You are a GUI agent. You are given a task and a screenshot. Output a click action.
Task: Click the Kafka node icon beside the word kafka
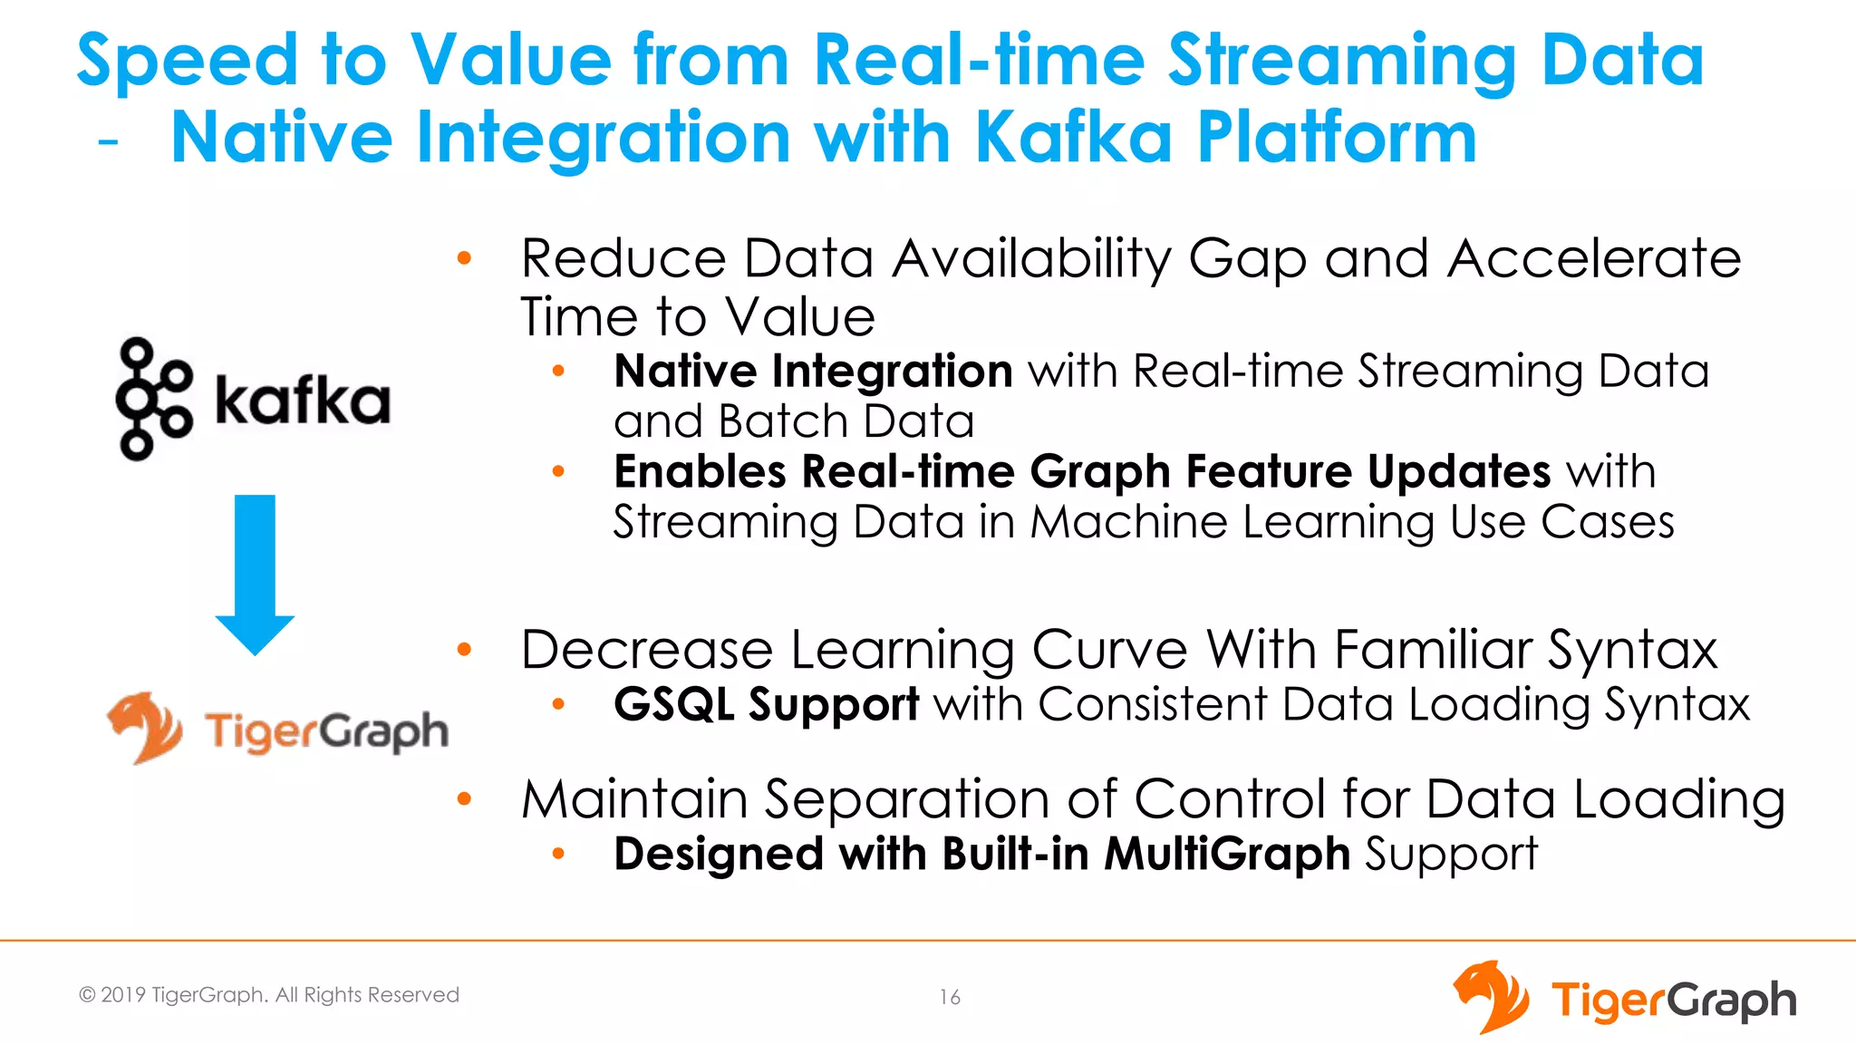tap(153, 399)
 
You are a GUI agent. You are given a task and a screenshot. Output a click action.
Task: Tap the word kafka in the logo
tap(303, 400)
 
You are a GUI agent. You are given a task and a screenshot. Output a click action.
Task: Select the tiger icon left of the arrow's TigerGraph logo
tap(145, 727)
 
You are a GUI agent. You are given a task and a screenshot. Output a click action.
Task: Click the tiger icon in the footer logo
tap(1491, 997)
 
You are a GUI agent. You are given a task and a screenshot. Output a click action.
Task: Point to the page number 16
tap(949, 997)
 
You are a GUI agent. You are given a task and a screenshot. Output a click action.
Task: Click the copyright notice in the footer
tap(269, 995)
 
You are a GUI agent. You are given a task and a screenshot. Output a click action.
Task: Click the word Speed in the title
tap(187, 61)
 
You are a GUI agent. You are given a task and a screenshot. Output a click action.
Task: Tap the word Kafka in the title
tap(1074, 138)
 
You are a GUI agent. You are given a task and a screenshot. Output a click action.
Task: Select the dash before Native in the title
tap(109, 142)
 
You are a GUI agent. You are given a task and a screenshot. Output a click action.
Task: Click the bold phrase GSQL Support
tap(766, 704)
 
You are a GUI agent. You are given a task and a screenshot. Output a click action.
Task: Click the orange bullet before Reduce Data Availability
tap(465, 259)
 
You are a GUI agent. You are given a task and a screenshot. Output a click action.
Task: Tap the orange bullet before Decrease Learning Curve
tap(465, 649)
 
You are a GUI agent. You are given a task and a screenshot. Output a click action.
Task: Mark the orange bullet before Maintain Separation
tap(465, 798)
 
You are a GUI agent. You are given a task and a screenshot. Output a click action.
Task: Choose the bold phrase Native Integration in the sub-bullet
tap(813, 372)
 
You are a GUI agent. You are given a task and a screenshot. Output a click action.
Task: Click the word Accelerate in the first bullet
tap(1594, 259)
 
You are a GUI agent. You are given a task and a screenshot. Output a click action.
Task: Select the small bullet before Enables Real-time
tap(558, 471)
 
